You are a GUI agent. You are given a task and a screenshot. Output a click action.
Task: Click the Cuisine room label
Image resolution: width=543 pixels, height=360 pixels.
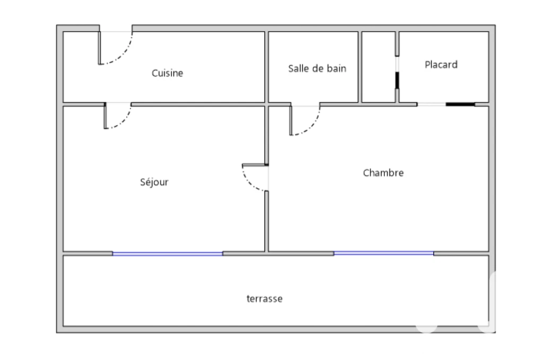click(167, 73)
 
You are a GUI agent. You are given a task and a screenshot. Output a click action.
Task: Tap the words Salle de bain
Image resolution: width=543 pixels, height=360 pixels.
click(317, 68)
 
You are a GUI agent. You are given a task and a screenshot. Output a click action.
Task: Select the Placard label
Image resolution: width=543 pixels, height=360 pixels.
click(441, 65)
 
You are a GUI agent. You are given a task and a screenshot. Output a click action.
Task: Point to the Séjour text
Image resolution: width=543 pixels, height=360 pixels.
click(154, 182)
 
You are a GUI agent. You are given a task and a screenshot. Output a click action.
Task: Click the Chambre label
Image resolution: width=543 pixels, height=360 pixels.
click(383, 173)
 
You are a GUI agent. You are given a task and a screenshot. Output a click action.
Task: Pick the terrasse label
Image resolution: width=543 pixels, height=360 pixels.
click(265, 298)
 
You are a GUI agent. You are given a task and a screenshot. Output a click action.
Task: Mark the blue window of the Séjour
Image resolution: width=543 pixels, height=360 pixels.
click(168, 254)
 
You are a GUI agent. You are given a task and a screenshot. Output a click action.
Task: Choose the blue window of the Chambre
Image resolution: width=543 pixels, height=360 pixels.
click(384, 253)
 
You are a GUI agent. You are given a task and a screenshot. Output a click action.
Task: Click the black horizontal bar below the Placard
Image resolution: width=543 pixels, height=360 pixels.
click(460, 104)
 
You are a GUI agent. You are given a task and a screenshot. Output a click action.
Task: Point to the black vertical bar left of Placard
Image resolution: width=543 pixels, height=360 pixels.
click(397, 80)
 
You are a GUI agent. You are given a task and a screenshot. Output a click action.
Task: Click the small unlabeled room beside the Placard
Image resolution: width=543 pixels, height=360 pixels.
click(379, 67)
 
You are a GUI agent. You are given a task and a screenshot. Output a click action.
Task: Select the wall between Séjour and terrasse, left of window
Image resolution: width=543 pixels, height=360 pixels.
click(88, 254)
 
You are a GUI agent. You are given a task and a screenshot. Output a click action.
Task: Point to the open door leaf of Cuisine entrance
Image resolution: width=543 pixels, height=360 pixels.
click(99, 48)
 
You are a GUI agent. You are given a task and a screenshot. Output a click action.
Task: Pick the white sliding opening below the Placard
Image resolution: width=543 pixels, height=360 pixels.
click(432, 104)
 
